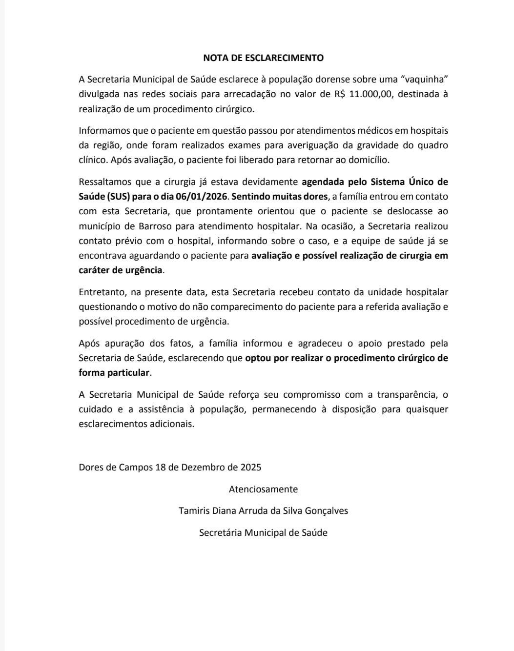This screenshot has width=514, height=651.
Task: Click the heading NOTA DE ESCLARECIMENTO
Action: coord(263,58)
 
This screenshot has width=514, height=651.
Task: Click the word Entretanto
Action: coord(102,292)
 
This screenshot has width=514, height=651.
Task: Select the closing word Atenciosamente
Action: coord(263,489)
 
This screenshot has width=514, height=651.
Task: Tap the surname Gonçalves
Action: coord(326,511)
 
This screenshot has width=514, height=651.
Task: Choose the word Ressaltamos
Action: coord(105,182)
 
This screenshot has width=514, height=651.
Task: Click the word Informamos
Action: coord(103,131)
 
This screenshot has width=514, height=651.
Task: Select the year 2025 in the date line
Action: coord(251,467)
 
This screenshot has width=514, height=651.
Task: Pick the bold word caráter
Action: coord(94,270)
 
